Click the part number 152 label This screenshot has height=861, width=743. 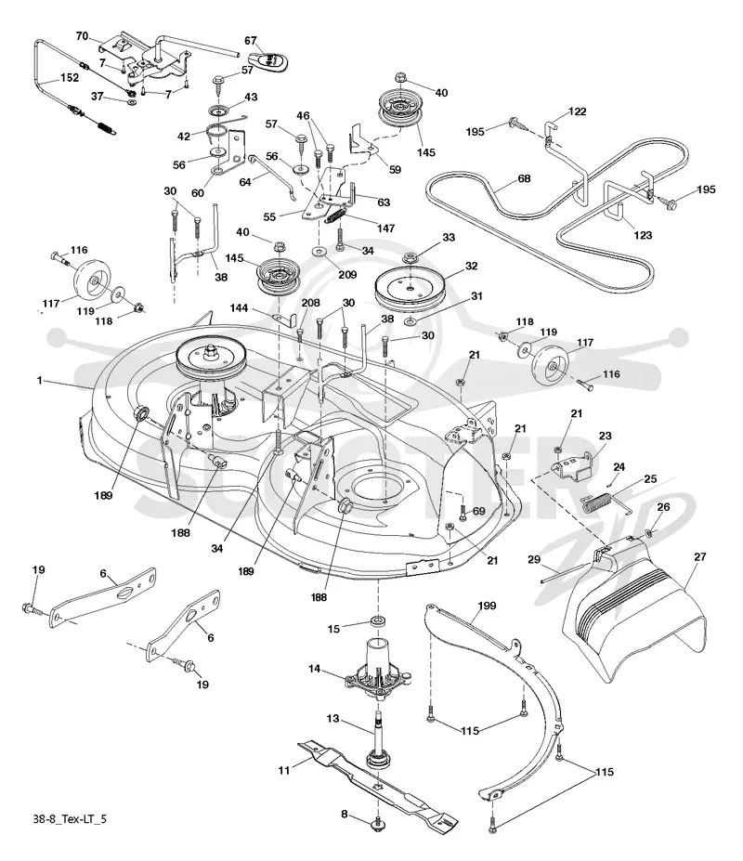tap(70, 77)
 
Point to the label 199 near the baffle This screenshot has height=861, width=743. tap(487, 606)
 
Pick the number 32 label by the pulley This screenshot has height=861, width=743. tap(471, 266)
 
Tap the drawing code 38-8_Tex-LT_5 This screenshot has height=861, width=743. tap(70, 819)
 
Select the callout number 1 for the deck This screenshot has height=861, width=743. tap(40, 380)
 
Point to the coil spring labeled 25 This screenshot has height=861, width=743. tap(597, 502)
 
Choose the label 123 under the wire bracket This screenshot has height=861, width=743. tap(643, 235)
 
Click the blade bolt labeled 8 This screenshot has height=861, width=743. tap(377, 822)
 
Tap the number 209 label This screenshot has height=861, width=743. tap(347, 274)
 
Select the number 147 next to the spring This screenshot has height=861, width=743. tap(385, 228)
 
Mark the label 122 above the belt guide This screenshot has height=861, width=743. tap(577, 111)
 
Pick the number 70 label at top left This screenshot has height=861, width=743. tap(82, 36)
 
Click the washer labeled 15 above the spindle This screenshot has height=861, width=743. tap(378, 621)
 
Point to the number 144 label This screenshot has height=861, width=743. tap(239, 308)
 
